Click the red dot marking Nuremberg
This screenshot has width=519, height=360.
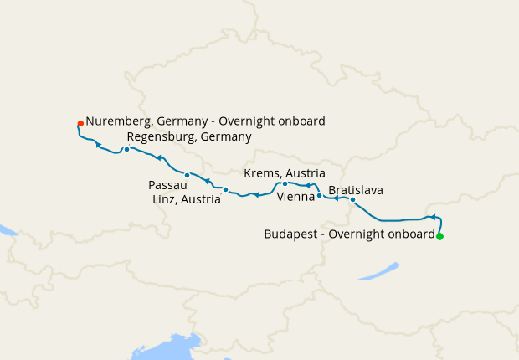(80, 123)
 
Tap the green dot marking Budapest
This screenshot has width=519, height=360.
(439, 236)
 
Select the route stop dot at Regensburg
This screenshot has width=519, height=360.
(126, 150)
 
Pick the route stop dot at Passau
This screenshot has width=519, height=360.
(188, 175)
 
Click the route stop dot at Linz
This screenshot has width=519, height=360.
(225, 190)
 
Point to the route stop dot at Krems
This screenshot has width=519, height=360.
(285, 183)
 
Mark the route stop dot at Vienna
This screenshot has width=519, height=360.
(319, 196)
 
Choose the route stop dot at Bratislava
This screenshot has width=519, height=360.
(352, 200)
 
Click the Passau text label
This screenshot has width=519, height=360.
(167, 184)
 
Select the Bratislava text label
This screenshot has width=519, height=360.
(356, 189)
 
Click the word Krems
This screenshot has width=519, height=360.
(262, 172)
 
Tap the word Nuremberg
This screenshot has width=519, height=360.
(117, 121)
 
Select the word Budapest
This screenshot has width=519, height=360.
(290, 234)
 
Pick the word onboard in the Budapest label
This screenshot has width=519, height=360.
(410, 234)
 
